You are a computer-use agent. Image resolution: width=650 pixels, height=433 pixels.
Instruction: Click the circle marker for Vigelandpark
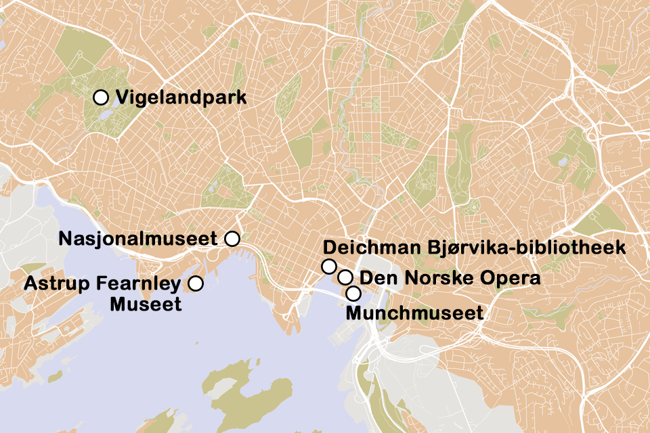tap(101, 97)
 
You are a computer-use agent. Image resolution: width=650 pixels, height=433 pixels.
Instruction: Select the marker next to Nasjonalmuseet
tap(232, 238)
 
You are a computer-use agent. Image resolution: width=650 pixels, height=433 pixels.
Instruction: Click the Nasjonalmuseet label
tap(137, 239)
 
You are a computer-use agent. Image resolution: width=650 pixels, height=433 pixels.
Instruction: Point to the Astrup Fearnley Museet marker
tap(196, 283)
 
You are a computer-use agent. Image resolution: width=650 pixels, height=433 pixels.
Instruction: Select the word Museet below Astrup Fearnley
tap(146, 304)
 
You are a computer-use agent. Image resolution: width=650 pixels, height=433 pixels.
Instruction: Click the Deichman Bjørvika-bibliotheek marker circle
tap(329, 266)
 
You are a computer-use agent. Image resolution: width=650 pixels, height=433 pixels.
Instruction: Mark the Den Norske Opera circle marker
tap(345, 277)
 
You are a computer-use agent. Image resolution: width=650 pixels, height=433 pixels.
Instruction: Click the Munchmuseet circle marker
tap(353, 294)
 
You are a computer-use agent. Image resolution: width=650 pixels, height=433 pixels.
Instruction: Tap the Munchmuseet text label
tap(414, 313)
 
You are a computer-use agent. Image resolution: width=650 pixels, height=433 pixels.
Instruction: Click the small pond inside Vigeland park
tap(106, 115)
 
